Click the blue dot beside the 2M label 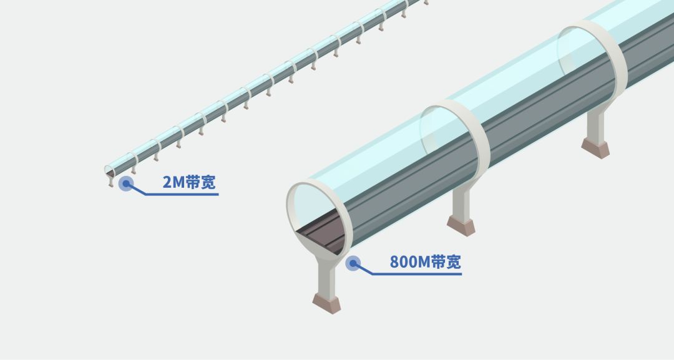click(x=126, y=183)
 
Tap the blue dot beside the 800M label click(x=353, y=263)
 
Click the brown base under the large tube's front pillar click(x=327, y=303)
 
